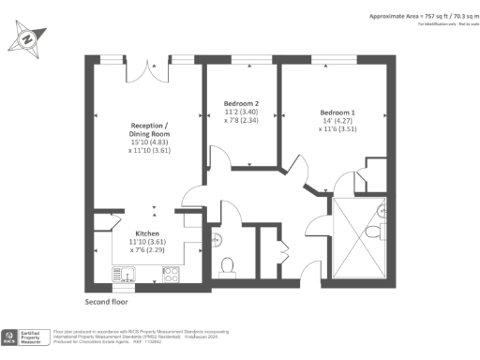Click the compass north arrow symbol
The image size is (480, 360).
[x=27, y=38]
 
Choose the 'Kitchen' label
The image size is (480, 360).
[x=148, y=232]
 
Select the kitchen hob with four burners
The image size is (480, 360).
[x=172, y=275]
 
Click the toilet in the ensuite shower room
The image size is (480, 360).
[x=374, y=231]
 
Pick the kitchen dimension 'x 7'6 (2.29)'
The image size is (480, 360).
[x=148, y=250]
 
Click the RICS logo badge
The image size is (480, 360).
[x=11, y=337]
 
